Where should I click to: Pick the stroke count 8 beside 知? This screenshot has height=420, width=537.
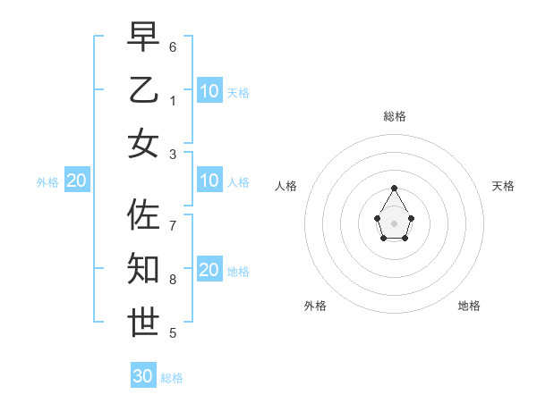[173, 280]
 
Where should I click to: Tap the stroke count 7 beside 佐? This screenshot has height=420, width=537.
[173, 225]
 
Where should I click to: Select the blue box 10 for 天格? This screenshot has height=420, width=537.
[209, 91]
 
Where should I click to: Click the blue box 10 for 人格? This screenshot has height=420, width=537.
[209, 181]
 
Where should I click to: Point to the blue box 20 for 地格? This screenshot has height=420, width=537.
[209, 270]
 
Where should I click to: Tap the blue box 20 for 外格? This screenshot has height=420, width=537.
[76, 181]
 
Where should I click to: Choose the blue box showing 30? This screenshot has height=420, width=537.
[143, 376]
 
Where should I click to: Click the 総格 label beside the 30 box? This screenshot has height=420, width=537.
[172, 378]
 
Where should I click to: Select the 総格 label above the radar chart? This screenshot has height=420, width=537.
[394, 116]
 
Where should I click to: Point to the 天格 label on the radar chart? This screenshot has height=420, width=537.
[503, 186]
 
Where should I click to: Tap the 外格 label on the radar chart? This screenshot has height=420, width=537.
[315, 306]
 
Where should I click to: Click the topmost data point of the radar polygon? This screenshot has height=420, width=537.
[394, 188]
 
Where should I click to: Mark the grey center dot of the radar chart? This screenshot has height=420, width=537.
[394, 223]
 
